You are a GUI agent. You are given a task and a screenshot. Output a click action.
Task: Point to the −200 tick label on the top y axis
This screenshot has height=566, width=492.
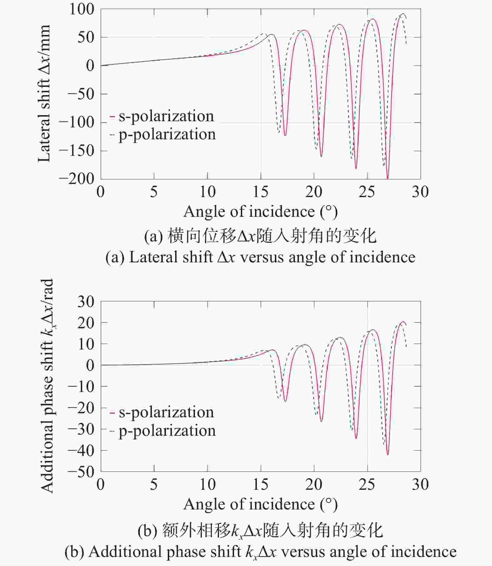click(77, 179)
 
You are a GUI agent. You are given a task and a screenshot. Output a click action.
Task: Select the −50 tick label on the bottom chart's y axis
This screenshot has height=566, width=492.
click(81, 472)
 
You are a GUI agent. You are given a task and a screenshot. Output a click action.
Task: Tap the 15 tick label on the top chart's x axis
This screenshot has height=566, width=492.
click(261, 192)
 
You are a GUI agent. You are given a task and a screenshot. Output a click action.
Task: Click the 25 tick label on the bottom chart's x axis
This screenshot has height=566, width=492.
click(367, 484)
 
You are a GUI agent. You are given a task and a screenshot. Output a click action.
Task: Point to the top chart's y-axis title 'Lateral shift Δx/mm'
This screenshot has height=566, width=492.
click(44, 94)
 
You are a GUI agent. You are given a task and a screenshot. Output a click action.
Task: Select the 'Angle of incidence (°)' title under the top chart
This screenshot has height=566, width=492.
click(261, 212)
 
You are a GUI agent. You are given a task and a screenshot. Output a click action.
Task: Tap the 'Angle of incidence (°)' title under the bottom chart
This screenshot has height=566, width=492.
click(261, 504)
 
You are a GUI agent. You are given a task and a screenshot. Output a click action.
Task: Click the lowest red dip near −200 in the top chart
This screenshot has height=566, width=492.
click(388, 178)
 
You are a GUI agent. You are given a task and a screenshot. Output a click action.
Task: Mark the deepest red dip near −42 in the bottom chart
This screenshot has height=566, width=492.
click(388, 454)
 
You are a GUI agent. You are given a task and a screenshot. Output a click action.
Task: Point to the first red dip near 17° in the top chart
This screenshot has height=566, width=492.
click(285, 135)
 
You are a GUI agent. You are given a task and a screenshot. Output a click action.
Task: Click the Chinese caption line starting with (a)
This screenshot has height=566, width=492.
click(260, 236)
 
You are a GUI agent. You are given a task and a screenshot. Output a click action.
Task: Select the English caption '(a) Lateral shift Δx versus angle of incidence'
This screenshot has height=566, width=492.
click(260, 257)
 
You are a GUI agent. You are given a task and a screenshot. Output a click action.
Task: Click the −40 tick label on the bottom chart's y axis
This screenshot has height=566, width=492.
click(81, 450)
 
